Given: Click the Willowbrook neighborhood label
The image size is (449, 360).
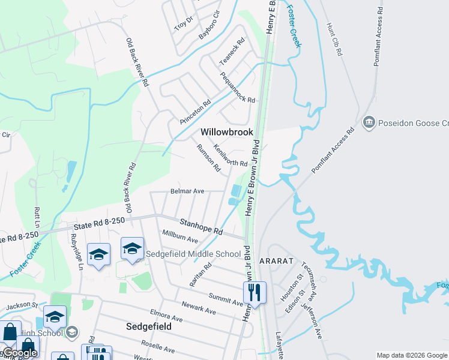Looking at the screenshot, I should [x=227, y=131].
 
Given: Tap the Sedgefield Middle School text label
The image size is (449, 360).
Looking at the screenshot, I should [x=193, y=254].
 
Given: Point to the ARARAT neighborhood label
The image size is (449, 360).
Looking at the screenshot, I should [x=276, y=262].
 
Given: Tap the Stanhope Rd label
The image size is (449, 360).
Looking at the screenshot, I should [x=202, y=227].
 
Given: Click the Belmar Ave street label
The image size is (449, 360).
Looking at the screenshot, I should [x=187, y=191].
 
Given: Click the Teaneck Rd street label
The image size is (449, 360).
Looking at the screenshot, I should [x=232, y=52].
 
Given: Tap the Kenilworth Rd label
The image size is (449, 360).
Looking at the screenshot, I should [x=230, y=155].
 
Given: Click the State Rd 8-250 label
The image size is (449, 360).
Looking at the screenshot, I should [x=99, y=223].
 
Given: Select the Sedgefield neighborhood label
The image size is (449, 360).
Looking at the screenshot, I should [x=149, y=326].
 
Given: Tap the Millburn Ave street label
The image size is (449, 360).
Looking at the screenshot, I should [x=179, y=235].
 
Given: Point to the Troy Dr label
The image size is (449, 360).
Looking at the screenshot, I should [x=183, y=23].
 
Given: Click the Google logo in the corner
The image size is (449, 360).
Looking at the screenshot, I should [x=19, y=353].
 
